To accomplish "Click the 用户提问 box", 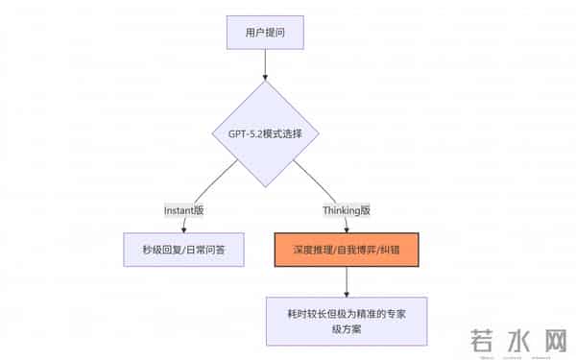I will (265, 32).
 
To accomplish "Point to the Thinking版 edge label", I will (346, 209).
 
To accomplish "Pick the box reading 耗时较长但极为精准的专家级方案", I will (346, 321).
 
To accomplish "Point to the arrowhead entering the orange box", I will (346, 229).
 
